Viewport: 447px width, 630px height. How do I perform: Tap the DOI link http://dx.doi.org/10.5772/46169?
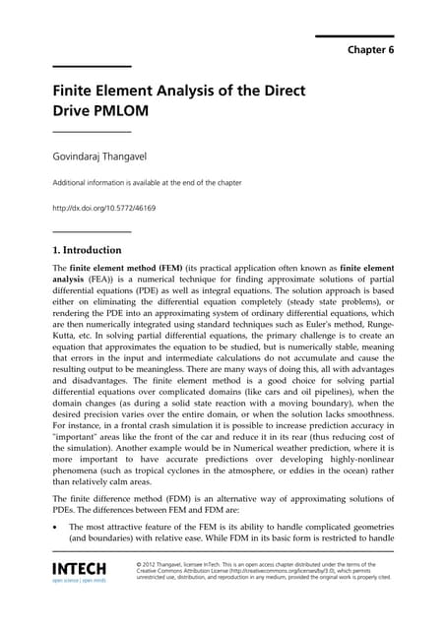click(x=103, y=209)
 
